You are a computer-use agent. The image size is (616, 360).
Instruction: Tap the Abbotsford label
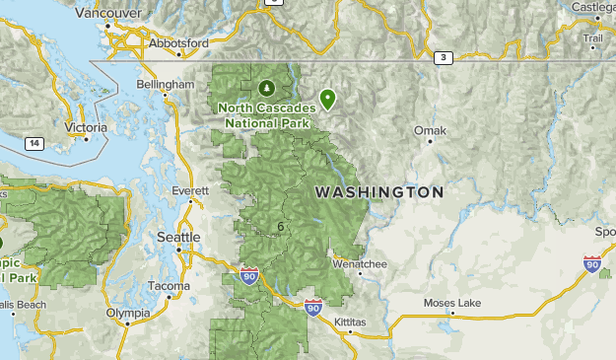pos(178,44)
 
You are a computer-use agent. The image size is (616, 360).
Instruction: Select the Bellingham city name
pos(165,86)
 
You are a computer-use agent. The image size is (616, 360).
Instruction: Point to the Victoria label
pos(84,127)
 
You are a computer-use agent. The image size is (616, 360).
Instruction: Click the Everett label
pos(190,189)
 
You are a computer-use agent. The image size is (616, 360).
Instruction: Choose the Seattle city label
pos(179,238)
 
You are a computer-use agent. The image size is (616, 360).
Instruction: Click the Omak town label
pos(430,130)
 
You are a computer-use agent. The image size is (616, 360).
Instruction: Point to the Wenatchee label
pos(360,264)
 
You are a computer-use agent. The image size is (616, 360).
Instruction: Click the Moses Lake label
pos(451,303)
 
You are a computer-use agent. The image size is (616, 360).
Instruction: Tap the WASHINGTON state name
pos(379,191)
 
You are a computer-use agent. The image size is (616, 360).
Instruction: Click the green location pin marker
pos(327,98)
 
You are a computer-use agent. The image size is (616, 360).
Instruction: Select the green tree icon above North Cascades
pos(268,88)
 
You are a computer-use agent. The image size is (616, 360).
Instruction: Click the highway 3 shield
pos(444,58)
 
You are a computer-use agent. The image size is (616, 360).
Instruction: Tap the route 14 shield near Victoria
pos(34,144)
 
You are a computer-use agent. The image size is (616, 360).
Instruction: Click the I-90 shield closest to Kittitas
pos(313,308)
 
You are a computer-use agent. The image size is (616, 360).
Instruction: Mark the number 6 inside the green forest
pos(281,227)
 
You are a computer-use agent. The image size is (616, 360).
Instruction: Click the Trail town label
pos(592,38)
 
